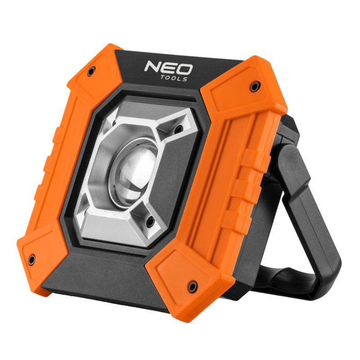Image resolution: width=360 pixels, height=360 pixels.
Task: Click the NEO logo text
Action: click(168, 69)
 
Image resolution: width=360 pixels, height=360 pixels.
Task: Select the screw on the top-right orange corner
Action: click(255, 85)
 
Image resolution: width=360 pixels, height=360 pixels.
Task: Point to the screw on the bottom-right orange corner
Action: click(193, 285)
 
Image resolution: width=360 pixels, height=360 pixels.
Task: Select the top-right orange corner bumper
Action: click(252, 90)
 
